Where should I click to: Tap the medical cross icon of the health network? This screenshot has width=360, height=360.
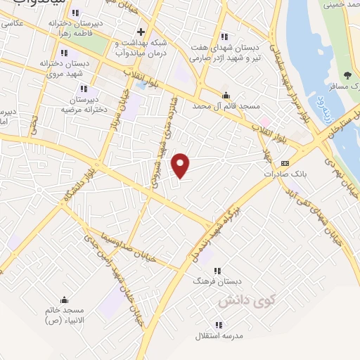click(x=141, y=32)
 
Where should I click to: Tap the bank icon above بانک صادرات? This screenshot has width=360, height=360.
click(x=284, y=162)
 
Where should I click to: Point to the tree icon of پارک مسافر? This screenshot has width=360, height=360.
click(x=347, y=75)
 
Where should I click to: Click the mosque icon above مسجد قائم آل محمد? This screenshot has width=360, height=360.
click(x=226, y=96)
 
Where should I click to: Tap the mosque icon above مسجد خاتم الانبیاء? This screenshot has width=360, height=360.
click(x=65, y=299)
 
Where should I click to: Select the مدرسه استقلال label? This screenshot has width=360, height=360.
click(x=219, y=336)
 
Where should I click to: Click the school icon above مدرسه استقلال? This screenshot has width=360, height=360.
click(x=219, y=324)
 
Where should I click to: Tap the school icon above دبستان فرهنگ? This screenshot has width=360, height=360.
click(x=217, y=269)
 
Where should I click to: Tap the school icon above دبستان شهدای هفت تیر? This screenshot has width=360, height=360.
click(x=224, y=37)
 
